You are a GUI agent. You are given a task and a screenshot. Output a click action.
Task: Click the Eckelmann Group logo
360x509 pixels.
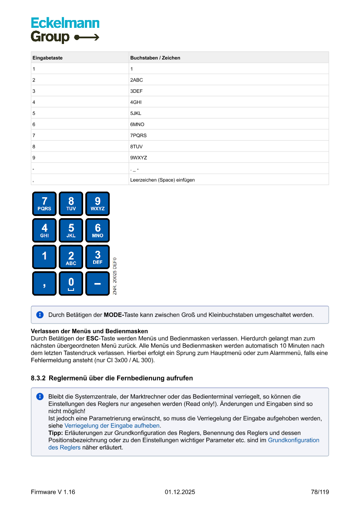pyautogui.click(x=65, y=30)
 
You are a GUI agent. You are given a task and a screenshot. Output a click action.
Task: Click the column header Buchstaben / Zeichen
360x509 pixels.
pyautogui.click(x=155, y=58)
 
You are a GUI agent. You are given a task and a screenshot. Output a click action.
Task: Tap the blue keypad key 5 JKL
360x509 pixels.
pyautogui.click(x=71, y=230)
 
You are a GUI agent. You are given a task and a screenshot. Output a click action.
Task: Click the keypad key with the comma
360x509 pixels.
pyautogui.click(x=44, y=283)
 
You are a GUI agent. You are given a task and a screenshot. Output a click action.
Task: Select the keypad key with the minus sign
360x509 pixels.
pyautogui.click(x=98, y=283)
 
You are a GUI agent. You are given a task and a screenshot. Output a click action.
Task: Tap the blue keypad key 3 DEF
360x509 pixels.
pyautogui.click(x=98, y=257)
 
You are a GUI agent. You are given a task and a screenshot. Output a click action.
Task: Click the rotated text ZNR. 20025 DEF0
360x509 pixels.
pyautogui.click(x=115, y=276)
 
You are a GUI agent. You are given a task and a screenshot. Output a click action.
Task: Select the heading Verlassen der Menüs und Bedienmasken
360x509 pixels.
pyautogui.click(x=89, y=331)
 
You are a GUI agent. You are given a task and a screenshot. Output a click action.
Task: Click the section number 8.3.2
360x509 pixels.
pyautogui.click(x=39, y=378)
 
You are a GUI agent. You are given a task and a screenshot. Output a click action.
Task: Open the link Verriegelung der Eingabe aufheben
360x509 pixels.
pyautogui.click(x=112, y=426)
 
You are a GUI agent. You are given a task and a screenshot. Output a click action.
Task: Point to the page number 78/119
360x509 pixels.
pyautogui.click(x=320, y=492)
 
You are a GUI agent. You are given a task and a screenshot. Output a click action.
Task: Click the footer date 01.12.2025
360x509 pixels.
pyautogui.click(x=180, y=492)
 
